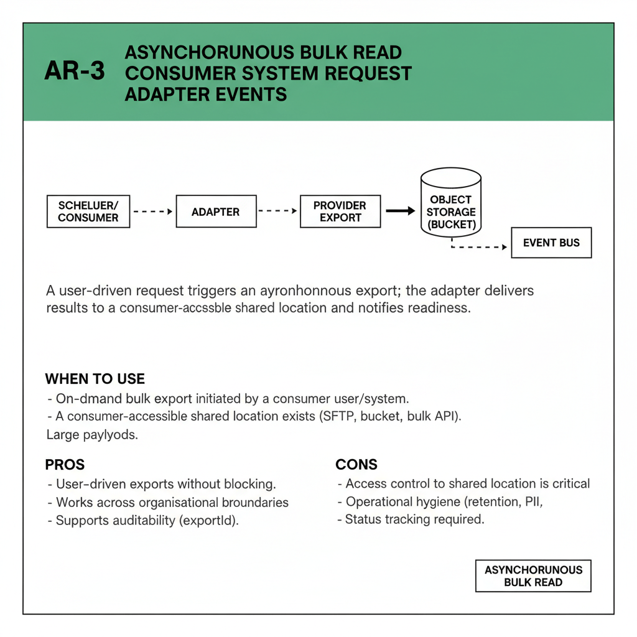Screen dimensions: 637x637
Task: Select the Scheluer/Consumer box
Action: [x=88, y=212]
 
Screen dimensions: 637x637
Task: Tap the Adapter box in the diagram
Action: [x=216, y=212]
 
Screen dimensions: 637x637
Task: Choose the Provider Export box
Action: [x=340, y=212]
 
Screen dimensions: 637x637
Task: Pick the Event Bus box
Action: [x=551, y=243]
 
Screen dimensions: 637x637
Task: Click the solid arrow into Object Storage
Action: [x=400, y=212]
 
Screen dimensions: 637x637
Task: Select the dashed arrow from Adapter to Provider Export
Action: [x=277, y=212]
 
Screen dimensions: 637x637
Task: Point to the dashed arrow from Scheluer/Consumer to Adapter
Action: [x=152, y=212]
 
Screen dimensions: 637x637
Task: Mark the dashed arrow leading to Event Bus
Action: [x=479, y=247]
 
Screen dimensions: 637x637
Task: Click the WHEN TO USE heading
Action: [x=95, y=379]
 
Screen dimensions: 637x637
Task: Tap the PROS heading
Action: [x=65, y=465]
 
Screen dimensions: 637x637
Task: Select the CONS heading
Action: [x=356, y=465]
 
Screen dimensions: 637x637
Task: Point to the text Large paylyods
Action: [x=92, y=435]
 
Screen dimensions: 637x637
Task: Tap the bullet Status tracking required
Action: [x=414, y=519]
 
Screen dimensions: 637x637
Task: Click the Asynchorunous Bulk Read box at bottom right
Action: [x=533, y=576]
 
